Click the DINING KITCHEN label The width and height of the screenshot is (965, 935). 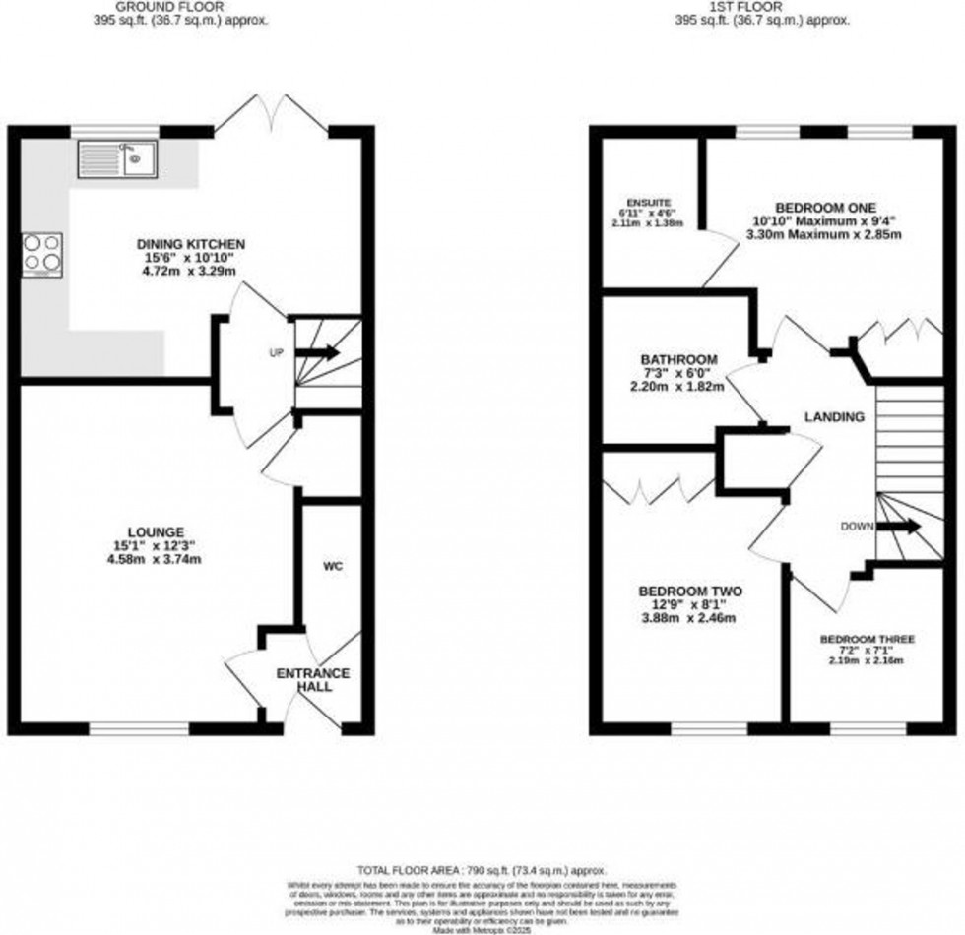click(191, 244)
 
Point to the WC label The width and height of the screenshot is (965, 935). click(332, 567)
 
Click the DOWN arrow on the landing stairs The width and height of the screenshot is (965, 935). click(899, 527)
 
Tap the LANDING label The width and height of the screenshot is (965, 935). click(834, 417)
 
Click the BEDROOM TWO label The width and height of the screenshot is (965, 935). click(690, 591)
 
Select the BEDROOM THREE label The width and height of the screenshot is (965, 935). click(868, 639)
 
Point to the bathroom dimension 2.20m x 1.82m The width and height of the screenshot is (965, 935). click(677, 387)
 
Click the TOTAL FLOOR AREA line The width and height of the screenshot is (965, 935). click(482, 870)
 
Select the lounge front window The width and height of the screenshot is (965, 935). click(139, 729)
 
